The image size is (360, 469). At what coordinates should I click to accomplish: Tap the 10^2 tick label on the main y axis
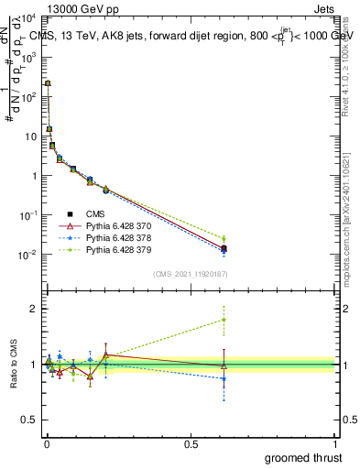tap(27, 97)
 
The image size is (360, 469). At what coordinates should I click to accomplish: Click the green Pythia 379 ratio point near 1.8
tap(224, 320)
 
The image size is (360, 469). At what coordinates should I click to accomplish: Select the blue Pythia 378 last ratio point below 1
tap(224, 378)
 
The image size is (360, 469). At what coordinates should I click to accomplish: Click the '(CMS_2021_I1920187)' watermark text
tap(190, 274)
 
